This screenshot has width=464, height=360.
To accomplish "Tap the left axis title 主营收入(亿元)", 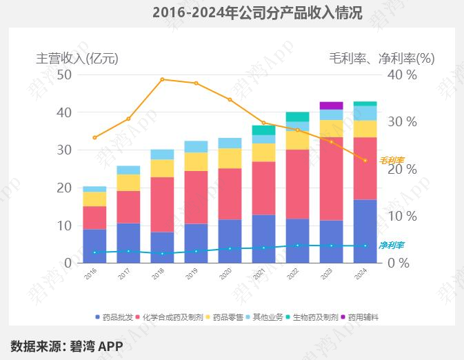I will [x=77, y=59].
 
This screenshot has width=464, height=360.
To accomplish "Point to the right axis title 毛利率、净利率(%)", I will [x=381, y=59].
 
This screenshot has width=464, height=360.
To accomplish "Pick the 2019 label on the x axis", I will [x=192, y=274].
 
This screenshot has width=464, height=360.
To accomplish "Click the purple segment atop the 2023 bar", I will [x=331, y=106].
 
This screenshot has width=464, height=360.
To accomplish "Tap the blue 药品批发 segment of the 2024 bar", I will [x=365, y=231].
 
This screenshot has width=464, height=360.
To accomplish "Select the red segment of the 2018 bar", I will [x=162, y=204].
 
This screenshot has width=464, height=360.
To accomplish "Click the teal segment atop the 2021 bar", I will [x=263, y=130].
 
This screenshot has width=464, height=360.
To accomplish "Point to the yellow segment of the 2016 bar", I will [x=94, y=199].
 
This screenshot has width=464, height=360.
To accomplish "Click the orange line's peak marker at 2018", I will [x=162, y=79].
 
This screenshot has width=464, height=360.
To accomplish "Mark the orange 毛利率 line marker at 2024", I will [x=365, y=161].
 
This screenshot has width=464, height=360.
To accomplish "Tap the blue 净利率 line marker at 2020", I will [x=230, y=248].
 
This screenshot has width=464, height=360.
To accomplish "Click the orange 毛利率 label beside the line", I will [x=392, y=160].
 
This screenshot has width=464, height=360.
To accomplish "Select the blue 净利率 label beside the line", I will [x=392, y=245].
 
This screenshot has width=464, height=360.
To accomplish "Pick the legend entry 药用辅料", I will [x=362, y=317].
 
